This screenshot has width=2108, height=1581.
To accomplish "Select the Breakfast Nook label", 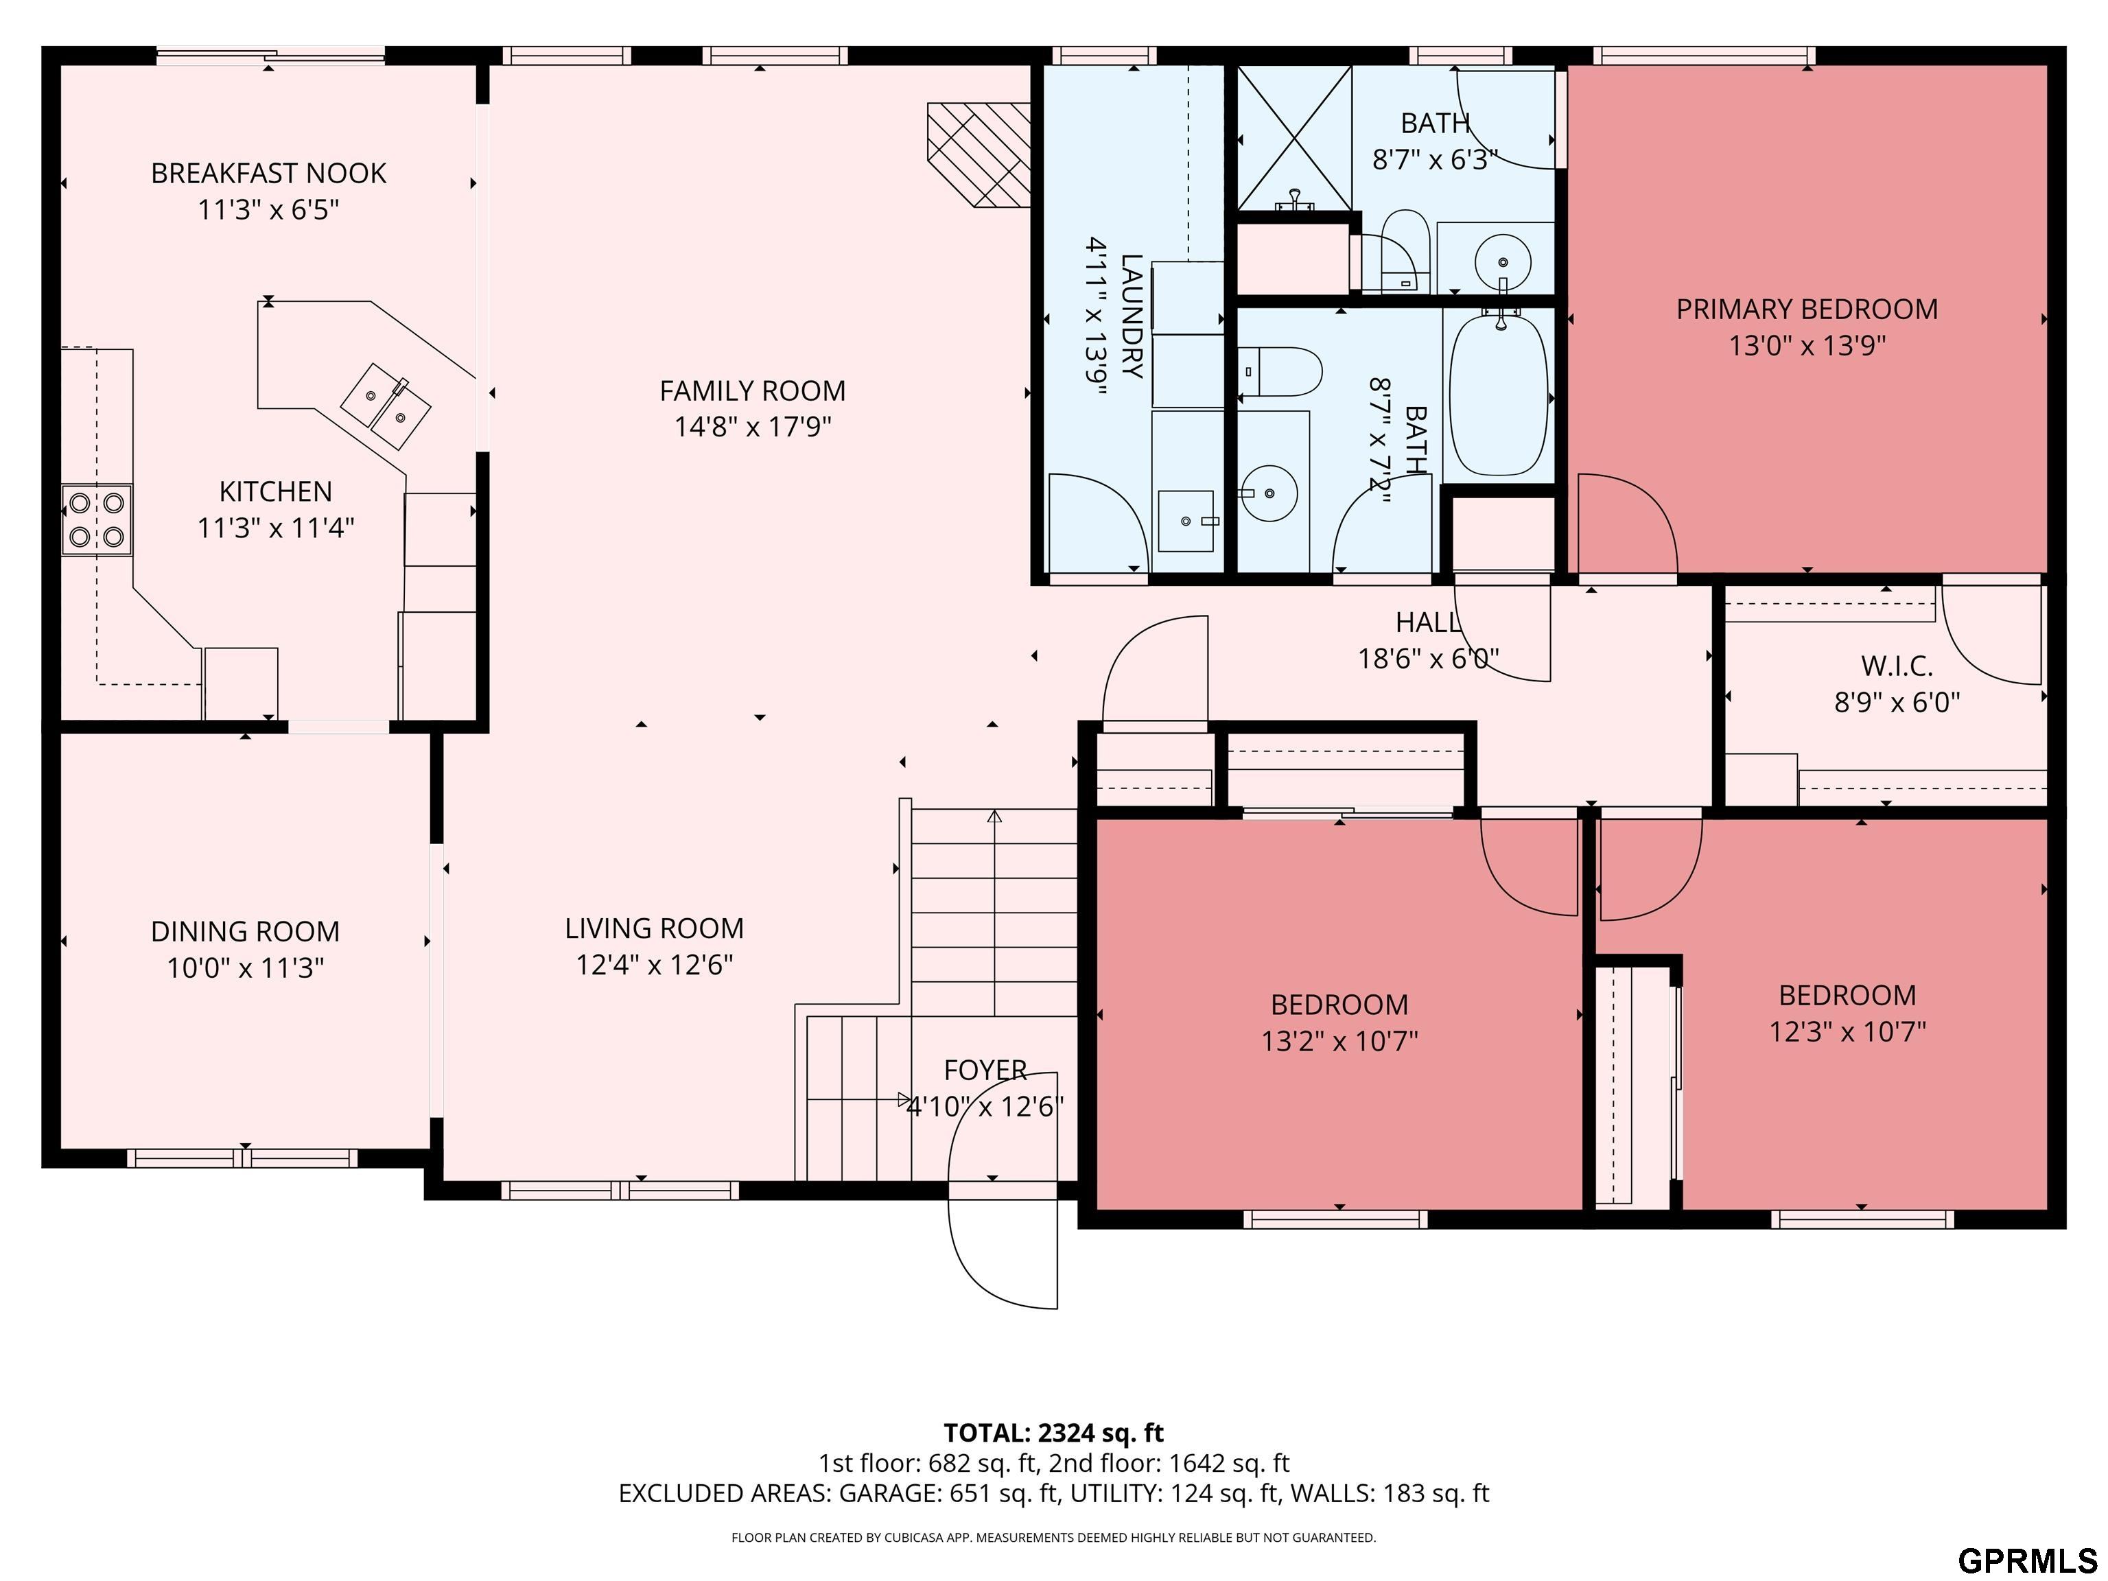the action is coord(269,174).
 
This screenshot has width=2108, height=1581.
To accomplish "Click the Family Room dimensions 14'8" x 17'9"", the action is coord(753,426).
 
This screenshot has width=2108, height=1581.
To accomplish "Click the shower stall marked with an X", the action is coord(1294,138).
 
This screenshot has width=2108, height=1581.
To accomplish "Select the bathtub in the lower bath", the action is coord(1498,395).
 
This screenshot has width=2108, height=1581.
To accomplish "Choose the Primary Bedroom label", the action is coord(1807,309).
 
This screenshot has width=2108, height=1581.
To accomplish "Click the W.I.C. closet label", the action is coord(1897,666).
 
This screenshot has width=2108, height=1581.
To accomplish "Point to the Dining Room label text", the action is coord(245,931).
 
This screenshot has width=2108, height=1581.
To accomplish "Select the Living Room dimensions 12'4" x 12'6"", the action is coord(655,964).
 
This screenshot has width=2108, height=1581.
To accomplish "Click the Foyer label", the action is coord(985,1070).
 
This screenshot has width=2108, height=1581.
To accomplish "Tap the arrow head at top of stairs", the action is coord(995,816).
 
